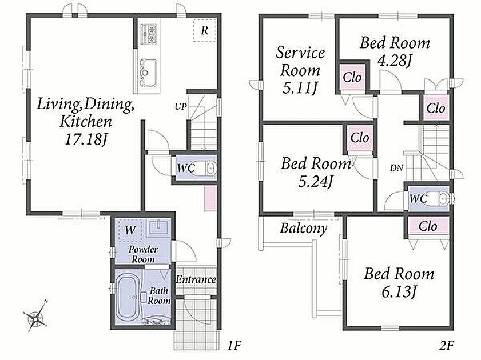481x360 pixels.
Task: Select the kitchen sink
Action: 148,73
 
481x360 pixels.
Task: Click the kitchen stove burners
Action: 148,33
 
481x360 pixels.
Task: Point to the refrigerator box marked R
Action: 205,30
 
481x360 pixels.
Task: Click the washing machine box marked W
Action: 130,230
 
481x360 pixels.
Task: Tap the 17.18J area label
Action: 86,139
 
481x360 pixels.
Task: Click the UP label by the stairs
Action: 181,107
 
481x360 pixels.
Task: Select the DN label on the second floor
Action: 397,168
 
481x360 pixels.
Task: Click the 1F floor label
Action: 234,346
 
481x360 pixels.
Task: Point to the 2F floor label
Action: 446,346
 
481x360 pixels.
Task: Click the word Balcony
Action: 304,228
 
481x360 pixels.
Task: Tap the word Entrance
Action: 196,279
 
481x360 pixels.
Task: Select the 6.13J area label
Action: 399,291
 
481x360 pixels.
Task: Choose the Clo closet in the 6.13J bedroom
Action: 428,227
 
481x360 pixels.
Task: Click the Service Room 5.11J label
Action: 300,70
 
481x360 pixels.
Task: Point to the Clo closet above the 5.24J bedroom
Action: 360,138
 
